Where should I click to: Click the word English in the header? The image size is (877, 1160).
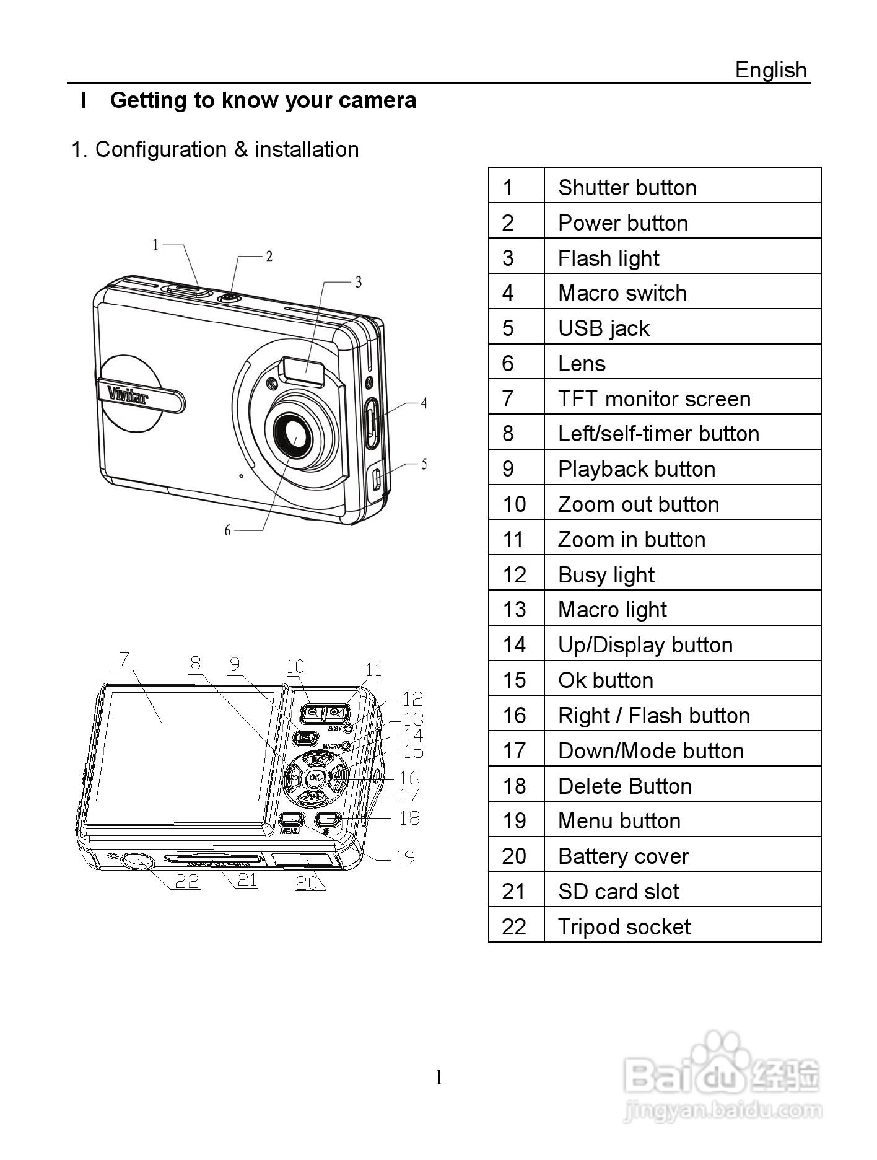pyautogui.click(x=770, y=70)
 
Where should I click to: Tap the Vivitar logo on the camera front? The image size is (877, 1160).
pyautogui.click(x=128, y=394)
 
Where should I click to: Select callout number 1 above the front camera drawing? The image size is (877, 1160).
pyautogui.click(x=155, y=245)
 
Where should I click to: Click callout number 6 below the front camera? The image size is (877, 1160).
pyautogui.click(x=227, y=530)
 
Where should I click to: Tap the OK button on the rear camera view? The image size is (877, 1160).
pyautogui.click(x=315, y=777)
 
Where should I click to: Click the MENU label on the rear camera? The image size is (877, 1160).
pyautogui.click(x=289, y=831)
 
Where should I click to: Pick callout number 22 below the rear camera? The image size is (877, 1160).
pyautogui.click(x=187, y=881)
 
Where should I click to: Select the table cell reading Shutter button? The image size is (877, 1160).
pyautogui.click(x=627, y=188)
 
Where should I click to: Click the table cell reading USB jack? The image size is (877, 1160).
pyautogui.click(x=603, y=328)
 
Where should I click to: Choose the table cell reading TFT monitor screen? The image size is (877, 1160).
pyautogui.click(x=653, y=399)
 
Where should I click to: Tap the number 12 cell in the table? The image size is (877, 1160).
pyautogui.click(x=515, y=575)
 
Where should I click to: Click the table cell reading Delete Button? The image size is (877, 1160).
pyautogui.click(x=624, y=786)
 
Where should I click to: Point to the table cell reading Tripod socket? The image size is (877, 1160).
pyautogui.click(x=624, y=927)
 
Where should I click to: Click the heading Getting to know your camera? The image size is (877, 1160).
pyautogui.click(x=263, y=100)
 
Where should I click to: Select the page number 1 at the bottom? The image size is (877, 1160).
pyautogui.click(x=439, y=1079)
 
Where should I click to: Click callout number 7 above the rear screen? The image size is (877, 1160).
pyautogui.click(x=124, y=659)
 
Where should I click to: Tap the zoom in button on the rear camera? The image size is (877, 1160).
pyautogui.click(x=335, y=713)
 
